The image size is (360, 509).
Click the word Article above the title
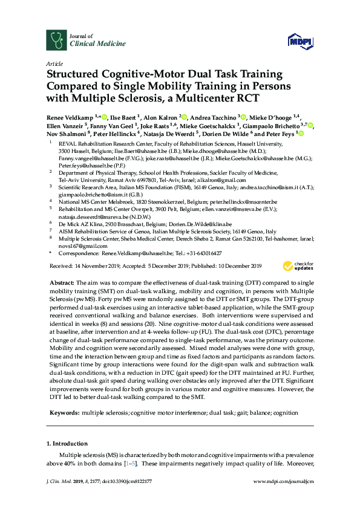[54, 63]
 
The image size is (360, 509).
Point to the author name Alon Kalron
[166, 117]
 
